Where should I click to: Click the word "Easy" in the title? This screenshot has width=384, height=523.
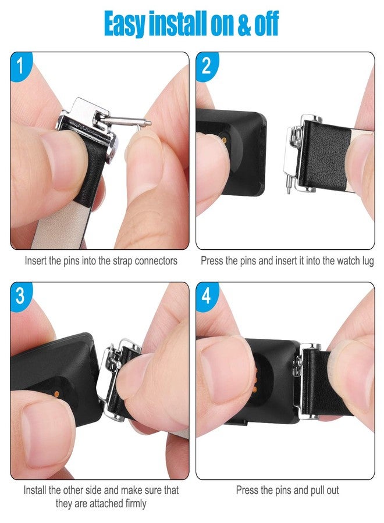pos(125,24)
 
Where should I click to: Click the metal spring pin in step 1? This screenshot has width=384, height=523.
pos(127,121)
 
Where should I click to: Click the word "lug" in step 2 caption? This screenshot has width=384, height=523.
pos(368,261)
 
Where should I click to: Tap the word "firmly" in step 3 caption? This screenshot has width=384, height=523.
pos(136,504)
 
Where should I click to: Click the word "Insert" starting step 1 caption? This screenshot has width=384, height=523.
pos(35,261)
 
